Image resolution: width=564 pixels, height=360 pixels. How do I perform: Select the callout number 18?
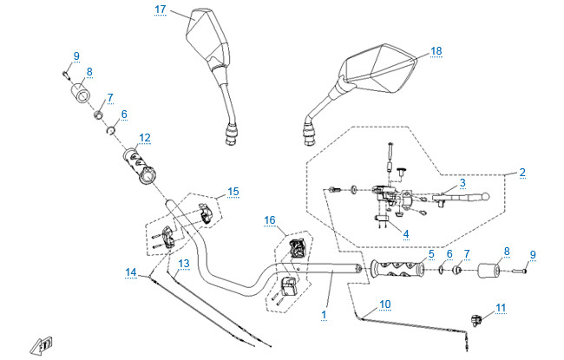(436, 51)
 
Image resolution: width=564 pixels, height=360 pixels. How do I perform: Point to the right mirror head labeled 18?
(380, 72)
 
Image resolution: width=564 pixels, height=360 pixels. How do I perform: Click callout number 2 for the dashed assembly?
(522, 173)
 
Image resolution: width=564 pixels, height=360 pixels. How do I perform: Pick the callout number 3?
(462, 182)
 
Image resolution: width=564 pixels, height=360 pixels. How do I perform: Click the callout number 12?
(144, 137)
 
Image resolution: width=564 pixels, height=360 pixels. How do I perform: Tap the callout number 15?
(233, 191)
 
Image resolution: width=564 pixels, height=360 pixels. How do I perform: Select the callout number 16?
(270, 221)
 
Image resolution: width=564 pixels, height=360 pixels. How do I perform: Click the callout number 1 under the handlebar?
(325, 312)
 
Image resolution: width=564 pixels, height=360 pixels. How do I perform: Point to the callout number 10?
(385, 304)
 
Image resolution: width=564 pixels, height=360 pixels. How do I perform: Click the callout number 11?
(500, 307)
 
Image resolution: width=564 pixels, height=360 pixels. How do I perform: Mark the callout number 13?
(184, 263)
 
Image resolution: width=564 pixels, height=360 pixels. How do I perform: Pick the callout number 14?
(130, 272)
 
